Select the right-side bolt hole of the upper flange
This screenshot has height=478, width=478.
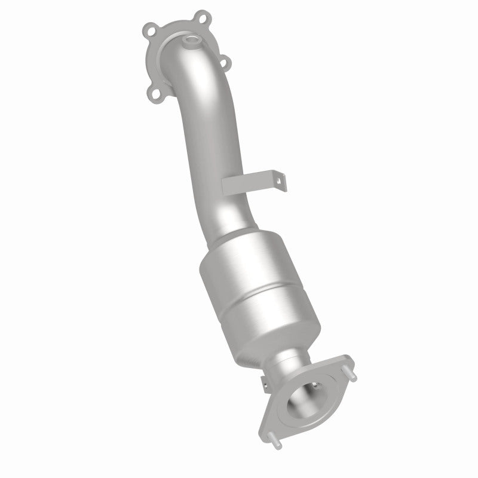click(225, 60)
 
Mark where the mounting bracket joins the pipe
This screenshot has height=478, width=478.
click(230, 186)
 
